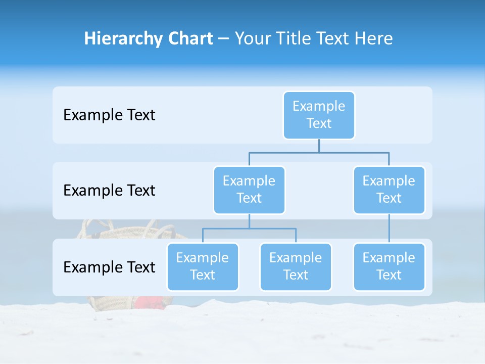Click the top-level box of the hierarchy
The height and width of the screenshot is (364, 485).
319,115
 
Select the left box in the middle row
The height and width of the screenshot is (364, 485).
249,190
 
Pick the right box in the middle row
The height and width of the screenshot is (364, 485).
389,190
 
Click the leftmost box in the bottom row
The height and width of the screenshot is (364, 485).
203,266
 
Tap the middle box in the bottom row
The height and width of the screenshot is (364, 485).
296,266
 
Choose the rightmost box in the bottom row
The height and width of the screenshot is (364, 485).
389,266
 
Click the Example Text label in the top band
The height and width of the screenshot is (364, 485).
109,115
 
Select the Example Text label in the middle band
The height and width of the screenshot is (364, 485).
109,190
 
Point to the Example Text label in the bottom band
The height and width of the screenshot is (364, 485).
109,267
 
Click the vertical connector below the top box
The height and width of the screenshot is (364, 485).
319,146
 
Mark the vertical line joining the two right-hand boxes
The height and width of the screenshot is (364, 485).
389,229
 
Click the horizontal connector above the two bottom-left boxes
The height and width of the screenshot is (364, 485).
249,229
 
